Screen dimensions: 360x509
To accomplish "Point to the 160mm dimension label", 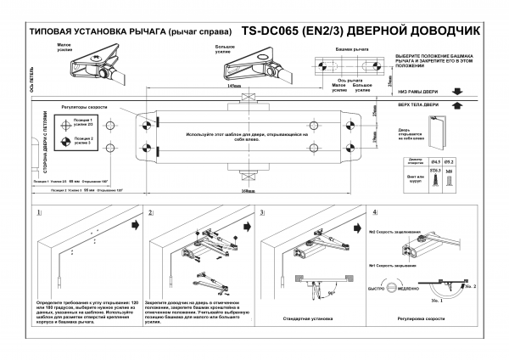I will pyautogui.click(x=250, y=191).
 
